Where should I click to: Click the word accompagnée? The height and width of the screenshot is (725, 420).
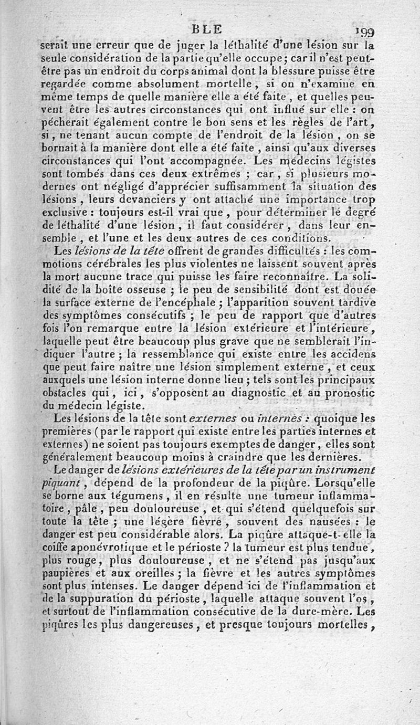(x=193, y=160)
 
